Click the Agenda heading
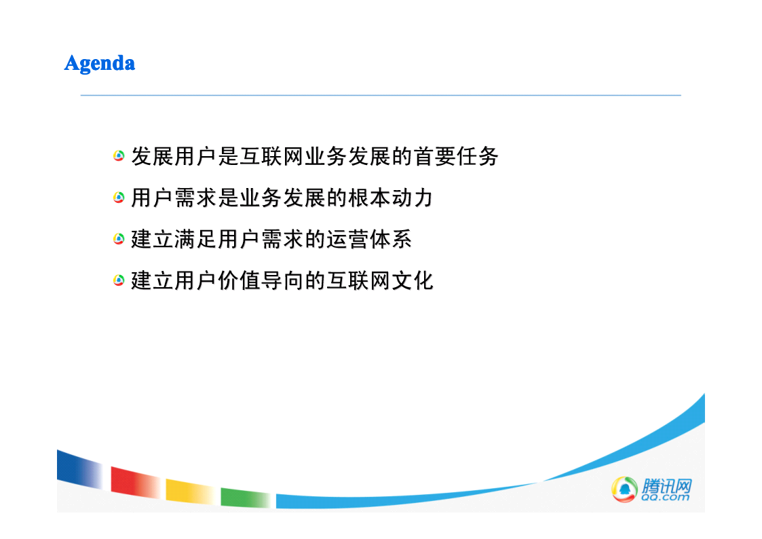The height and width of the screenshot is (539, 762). click(100, 64)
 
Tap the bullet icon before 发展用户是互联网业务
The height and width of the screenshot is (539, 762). click(119, 156)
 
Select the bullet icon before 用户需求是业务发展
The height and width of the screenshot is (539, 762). click(119, 198)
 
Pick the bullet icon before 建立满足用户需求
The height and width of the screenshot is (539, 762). click(119, 239)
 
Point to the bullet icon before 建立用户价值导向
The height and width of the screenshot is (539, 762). click(119, 280)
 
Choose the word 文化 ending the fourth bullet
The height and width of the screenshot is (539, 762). click(413, 281)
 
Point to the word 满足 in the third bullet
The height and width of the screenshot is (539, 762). click(196, 239)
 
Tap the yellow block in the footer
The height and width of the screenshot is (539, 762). click(191, 491)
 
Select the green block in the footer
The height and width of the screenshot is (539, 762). click(246, 497)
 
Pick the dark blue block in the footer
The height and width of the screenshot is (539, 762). click(79, 470)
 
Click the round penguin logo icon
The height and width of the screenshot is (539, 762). click(624, 489)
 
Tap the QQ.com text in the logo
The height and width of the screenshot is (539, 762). click(665, 497)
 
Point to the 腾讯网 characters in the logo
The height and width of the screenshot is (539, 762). click(667, 485)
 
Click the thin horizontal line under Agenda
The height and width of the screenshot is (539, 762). click(381, 95)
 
